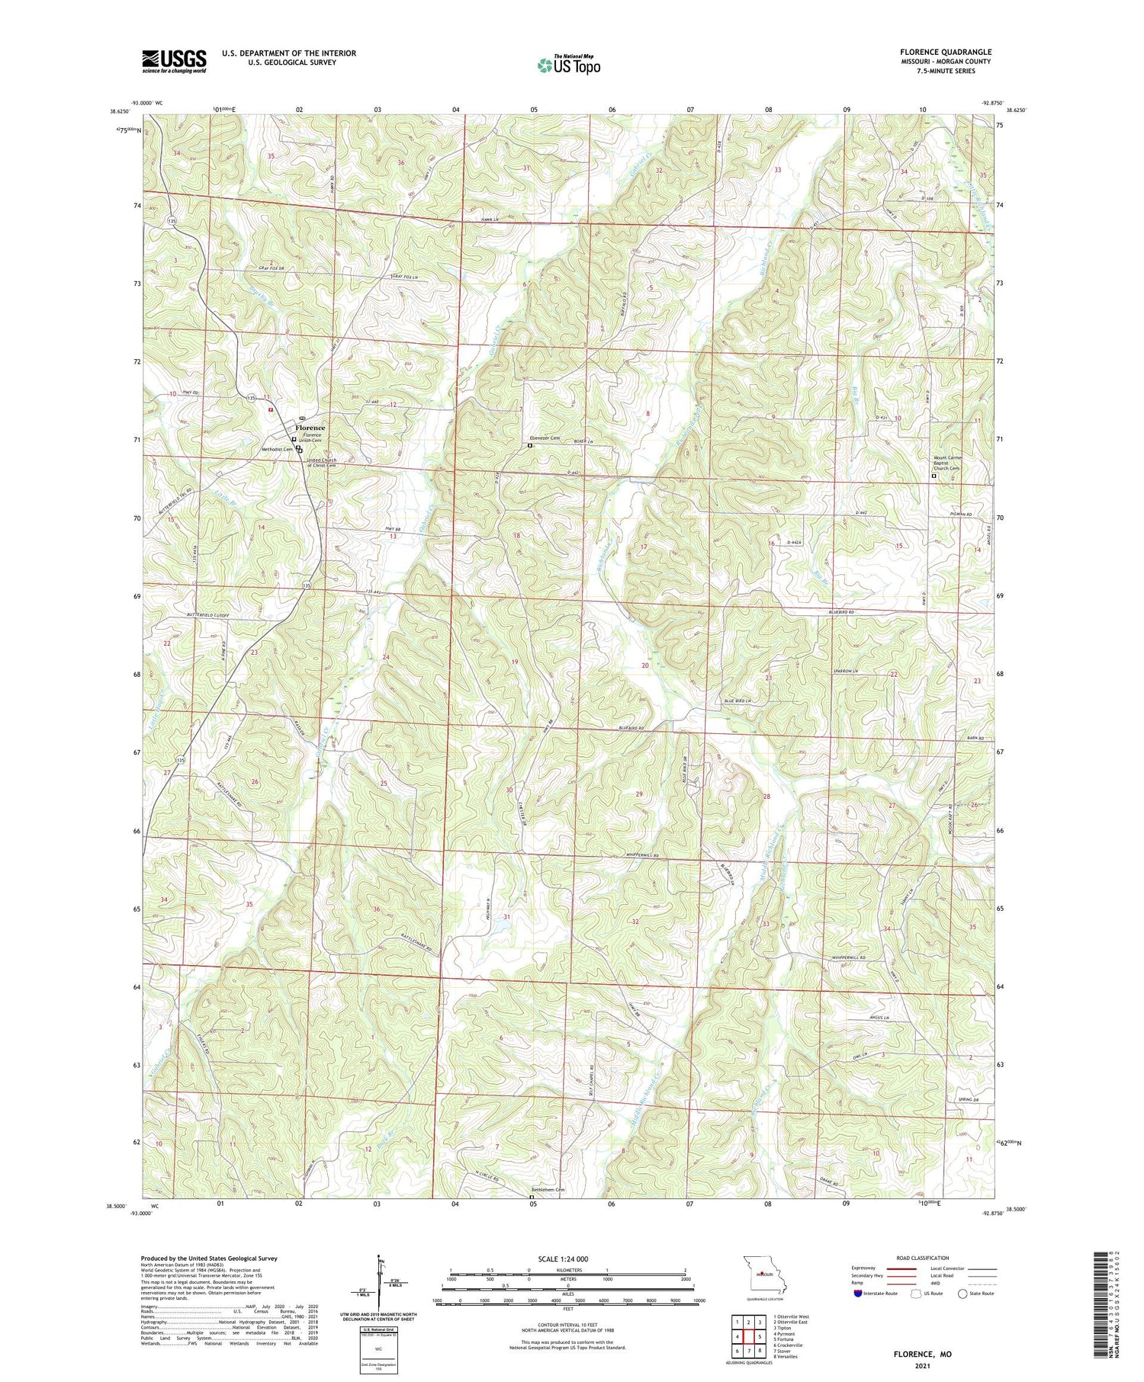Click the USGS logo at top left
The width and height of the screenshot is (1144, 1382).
173,61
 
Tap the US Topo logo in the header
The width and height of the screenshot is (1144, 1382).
568,65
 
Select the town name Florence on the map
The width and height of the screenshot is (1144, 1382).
310,428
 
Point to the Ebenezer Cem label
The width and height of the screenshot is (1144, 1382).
545,438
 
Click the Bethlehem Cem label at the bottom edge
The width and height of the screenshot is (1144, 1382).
549,1190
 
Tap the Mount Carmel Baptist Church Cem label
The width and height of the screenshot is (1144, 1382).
950,463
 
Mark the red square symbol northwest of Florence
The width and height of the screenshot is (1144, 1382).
270,409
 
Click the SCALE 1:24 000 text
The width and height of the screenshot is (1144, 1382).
568,1259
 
